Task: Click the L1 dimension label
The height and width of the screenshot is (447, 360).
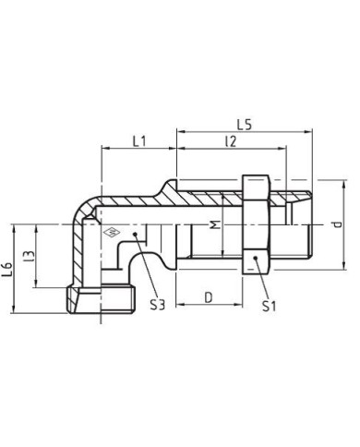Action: (138, 142)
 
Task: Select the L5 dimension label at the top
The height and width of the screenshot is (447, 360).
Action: (244, 123)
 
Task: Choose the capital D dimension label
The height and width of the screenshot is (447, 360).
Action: (209, 298)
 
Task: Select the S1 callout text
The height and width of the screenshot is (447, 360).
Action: (268, 305)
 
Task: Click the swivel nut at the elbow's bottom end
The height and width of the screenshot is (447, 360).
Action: (102, 298)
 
